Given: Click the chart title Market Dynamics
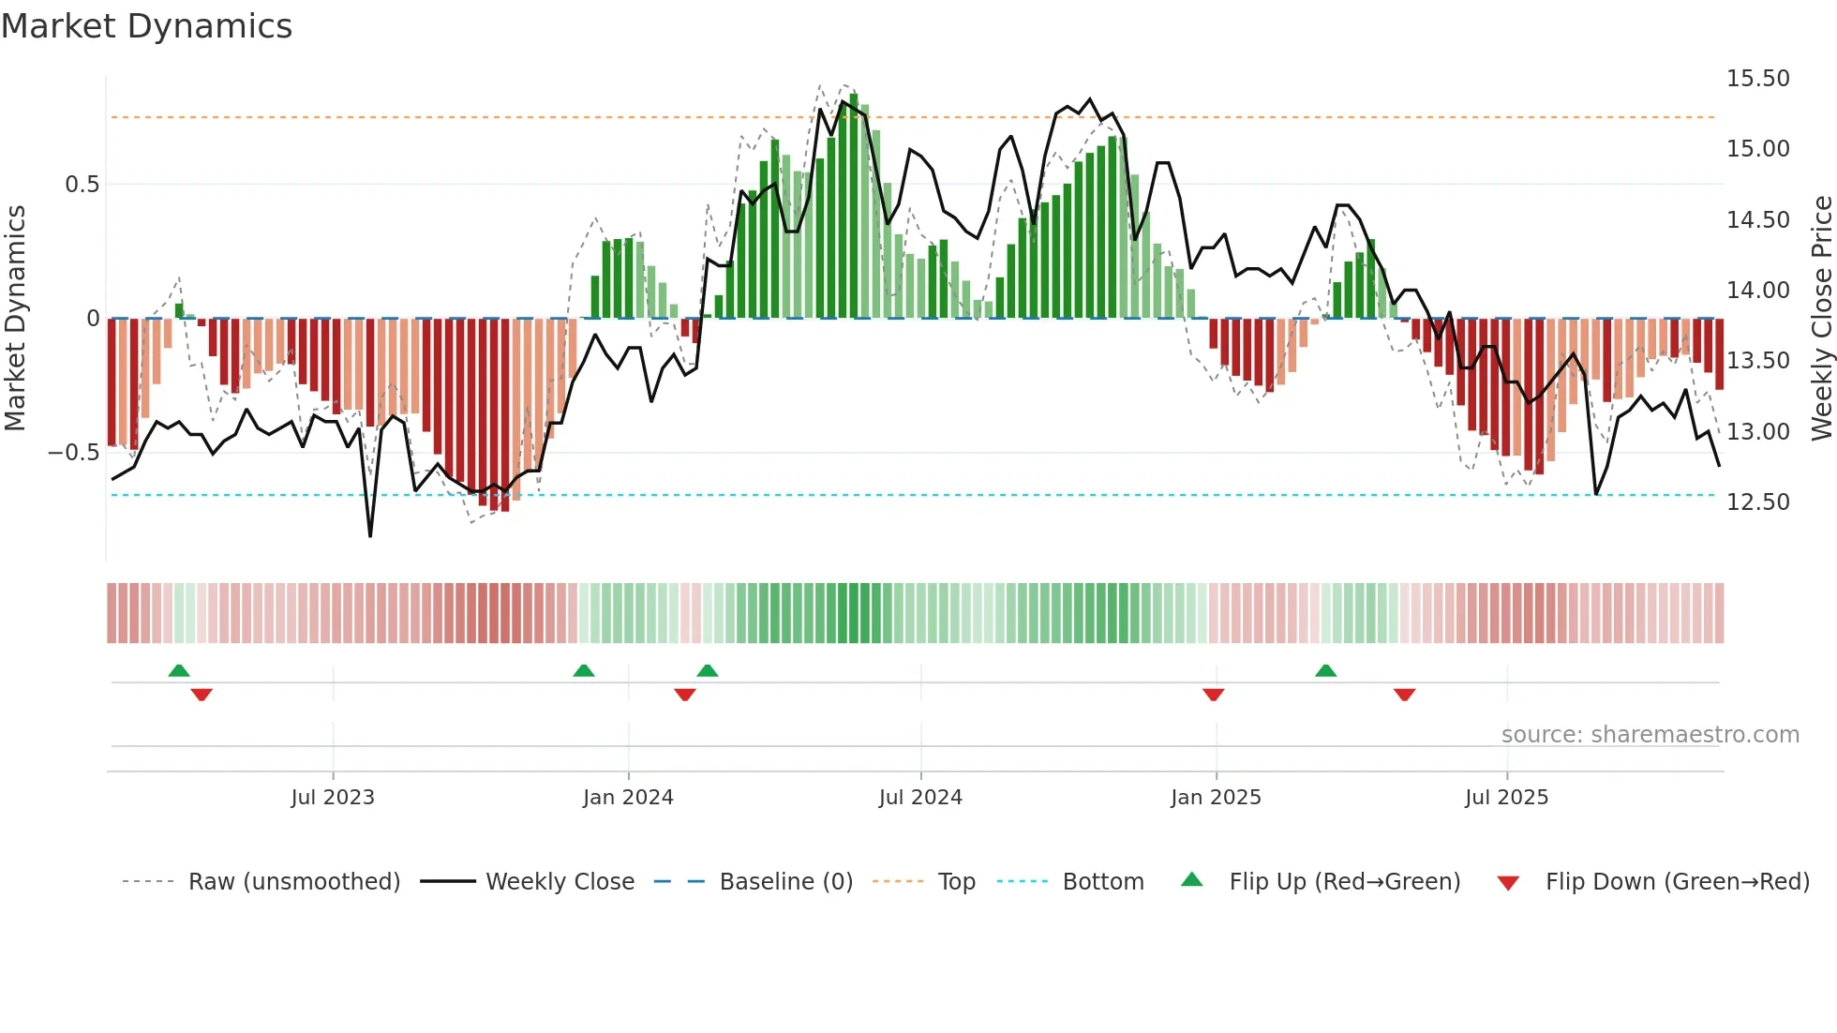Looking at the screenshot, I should pos(146,26).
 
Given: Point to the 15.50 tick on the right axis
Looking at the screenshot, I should pos(1757,79).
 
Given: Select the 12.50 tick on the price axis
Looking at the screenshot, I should pos(1757,502).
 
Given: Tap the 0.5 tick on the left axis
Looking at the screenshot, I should pos(82,185).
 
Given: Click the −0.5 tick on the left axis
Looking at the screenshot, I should pos(74,453).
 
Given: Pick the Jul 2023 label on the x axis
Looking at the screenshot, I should pos(332,798).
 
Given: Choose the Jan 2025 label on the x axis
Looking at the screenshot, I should pos(1215,798).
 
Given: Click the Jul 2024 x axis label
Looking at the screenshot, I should pos(919,798).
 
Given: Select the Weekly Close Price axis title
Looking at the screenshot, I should pos(1821,319).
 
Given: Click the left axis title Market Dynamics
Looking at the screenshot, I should pos(15,319).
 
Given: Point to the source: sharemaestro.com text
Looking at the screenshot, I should pos(1650,735).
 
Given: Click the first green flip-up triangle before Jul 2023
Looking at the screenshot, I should pos(179,671).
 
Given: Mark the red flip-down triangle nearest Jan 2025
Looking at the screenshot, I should pos(1213,695).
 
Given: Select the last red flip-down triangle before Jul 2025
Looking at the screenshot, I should pos(1404,695).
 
